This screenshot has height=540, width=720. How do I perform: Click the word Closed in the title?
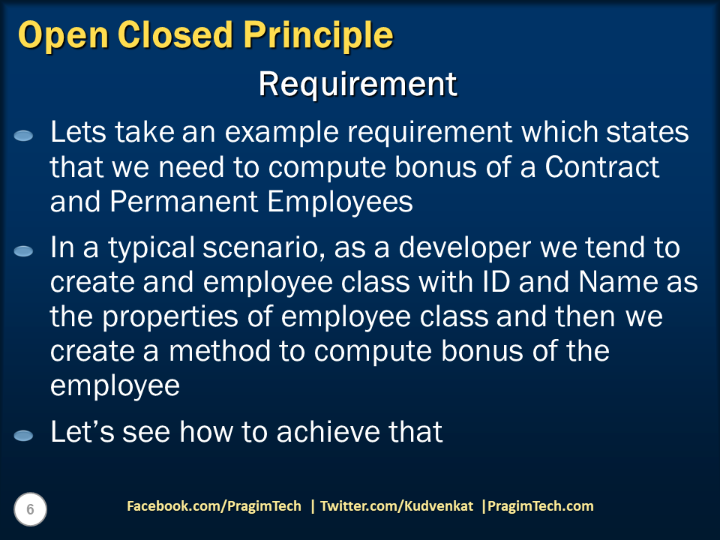point(175,35)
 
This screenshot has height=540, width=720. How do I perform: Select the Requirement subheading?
point(358,85)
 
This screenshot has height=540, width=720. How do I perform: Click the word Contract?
point(602,166)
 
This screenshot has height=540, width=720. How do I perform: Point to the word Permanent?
point(184,201)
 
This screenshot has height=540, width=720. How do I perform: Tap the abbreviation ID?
point(496,281)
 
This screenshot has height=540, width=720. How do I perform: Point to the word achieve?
point(328,432)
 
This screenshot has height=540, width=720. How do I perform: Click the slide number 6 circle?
point(30,509)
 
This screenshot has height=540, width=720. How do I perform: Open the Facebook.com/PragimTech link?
point(214,506)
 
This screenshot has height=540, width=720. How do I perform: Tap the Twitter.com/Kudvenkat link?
point(396,506)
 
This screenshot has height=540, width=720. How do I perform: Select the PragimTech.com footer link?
point(540,506)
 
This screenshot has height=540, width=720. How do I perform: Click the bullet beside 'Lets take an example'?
point(23,136)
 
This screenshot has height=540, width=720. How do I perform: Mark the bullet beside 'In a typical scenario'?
point(23,250)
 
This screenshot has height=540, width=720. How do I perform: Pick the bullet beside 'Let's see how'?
point(23,435)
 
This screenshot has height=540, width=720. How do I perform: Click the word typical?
point(151,249)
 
